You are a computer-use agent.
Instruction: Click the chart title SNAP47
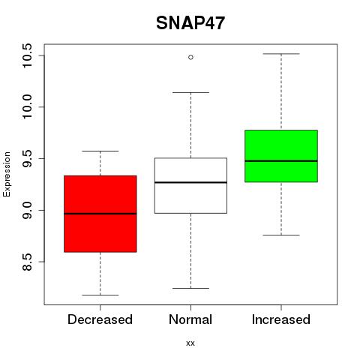click(x=190, y=23)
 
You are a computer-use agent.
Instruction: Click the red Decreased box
click(x=100, y=214)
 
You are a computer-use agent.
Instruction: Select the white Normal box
click(x=190, y=185)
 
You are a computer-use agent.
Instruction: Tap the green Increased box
click(x=281, y=156)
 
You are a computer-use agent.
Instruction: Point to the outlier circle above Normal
click(x=190, y=57)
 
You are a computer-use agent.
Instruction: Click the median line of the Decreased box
click(x=100, y=214)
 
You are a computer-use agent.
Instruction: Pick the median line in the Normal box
click(x=190, y=182)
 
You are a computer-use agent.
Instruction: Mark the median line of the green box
click(x=281, y=161)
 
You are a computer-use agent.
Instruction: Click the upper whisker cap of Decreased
click(x=100, y=151)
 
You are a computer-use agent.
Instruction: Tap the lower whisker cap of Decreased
click(x=100, y=295)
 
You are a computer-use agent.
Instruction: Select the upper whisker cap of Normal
click(x=190, y=92)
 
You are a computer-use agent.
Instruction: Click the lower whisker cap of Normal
click(x=190, y=288)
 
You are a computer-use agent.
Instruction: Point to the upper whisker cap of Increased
click(x=281, y=54)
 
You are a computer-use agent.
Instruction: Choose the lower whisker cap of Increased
click(x=281, y=235)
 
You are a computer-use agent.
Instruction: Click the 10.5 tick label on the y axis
click(x=27, y=55)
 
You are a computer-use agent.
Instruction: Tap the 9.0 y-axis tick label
click(x=27, y=210)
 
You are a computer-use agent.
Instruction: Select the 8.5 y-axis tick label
click(x=27, y=262)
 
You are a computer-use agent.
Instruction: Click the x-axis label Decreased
click(x=100, y=319)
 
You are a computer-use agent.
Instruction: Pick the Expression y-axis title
click(x=7, y=174)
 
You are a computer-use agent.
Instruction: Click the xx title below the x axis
click(x=190, y=343)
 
